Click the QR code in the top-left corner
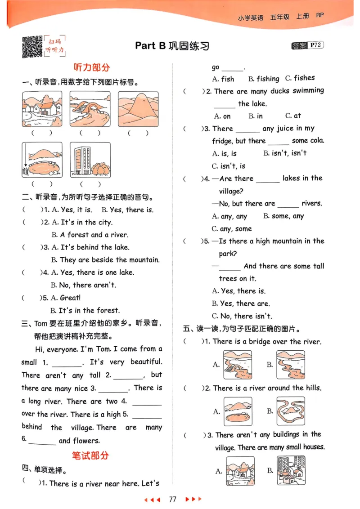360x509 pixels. click(32, 47)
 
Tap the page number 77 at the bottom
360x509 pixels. click(172, 499)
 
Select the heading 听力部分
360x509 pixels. click(91, 67)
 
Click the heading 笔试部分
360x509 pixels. click(90, 455)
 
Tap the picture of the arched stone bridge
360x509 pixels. click(90, 109)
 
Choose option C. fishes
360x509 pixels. click(300, 78)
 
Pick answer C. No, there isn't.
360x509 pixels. click(242, 316)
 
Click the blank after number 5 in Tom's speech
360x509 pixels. click(147, 415)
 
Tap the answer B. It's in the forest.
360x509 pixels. click(85, 310)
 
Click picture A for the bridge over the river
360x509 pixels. click(238, 365)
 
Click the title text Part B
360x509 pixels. click(150, 45)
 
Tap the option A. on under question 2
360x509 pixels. click(222, 116)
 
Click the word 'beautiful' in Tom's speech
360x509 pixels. click(146, 362)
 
